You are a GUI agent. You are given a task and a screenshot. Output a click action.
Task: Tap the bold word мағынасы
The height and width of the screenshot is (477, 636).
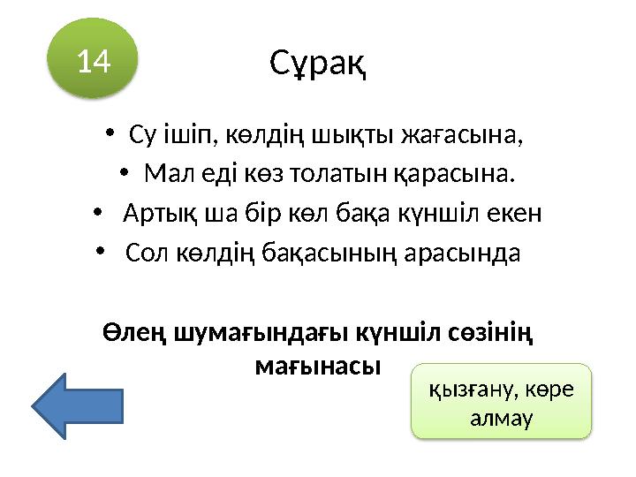[316, 364]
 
